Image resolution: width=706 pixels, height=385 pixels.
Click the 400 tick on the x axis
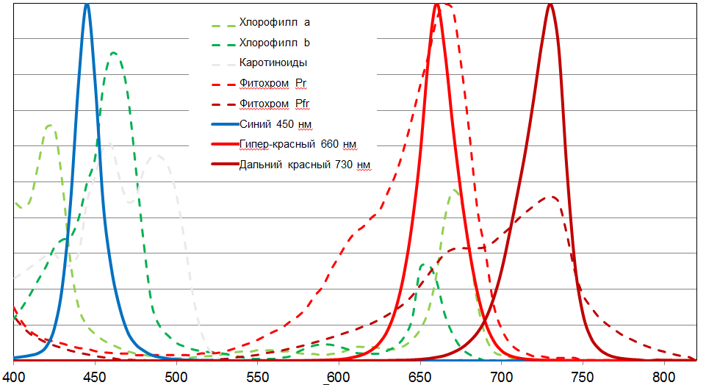[14, 375]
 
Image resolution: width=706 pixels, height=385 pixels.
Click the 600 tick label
[339, 375]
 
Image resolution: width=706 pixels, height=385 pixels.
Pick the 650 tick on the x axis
[420, 375]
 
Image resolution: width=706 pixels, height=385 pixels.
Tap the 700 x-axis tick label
[502, 375]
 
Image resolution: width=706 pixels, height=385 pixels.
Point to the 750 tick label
[583, 375]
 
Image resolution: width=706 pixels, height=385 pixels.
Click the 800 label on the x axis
[664, 375]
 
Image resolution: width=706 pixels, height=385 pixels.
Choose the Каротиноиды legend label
[273, 62]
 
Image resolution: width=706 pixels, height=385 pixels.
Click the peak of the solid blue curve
[87, 4]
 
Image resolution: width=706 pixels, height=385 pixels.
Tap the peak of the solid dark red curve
[550, 4]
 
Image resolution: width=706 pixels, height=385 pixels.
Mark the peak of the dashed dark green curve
[114, 52]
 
